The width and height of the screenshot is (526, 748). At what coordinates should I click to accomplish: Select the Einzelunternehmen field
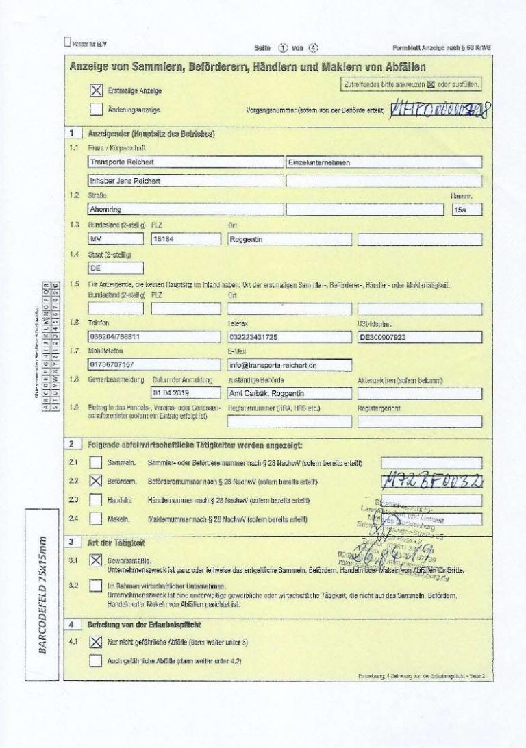tap(384, 162)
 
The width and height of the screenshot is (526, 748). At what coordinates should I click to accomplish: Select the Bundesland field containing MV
tap(115, 239)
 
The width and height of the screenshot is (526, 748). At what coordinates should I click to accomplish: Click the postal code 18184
tap(181, 239)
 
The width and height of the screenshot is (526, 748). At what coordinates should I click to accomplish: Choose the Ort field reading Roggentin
tap(289, 239)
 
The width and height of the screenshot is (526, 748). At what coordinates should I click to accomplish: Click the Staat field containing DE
tap(115, 268)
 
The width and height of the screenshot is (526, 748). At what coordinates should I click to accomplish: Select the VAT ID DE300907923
tap(419, 337)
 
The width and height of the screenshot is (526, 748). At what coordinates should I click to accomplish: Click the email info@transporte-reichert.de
tap(289, 365)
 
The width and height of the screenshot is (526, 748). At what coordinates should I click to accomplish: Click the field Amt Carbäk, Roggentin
tap(289, 393)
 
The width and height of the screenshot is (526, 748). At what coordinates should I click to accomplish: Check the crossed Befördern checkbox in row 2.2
tap(96, 482)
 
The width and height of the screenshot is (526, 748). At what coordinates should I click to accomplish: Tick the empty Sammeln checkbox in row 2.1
tap(96, 463)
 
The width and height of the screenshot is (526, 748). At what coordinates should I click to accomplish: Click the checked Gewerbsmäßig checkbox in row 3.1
tap(96, 560)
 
